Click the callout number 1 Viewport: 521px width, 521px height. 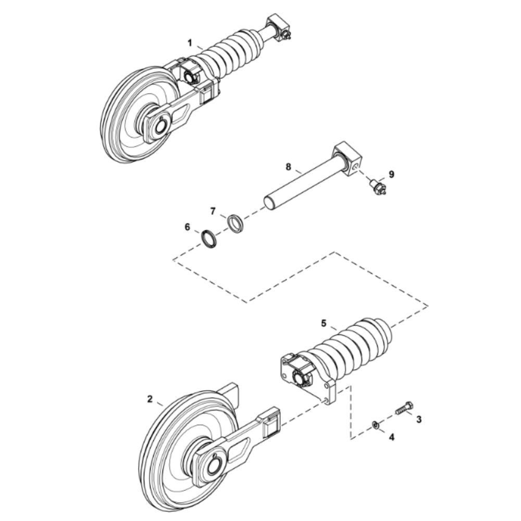point(190,43)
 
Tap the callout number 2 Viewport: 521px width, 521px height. point(150,399)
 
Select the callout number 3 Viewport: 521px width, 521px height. point(419,419)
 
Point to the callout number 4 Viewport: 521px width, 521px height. point(392,437)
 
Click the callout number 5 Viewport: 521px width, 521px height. point(324,323)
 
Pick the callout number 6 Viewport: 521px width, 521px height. point(188,227)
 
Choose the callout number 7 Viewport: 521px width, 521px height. point(213,211)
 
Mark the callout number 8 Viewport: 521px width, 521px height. point(289,167)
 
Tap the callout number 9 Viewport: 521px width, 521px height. point(391,174)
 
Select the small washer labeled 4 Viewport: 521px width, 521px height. point(375,424)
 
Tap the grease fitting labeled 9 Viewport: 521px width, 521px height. point(378,188)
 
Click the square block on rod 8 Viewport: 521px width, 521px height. point(347,160)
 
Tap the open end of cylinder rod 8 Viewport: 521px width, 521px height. point(270,203)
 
